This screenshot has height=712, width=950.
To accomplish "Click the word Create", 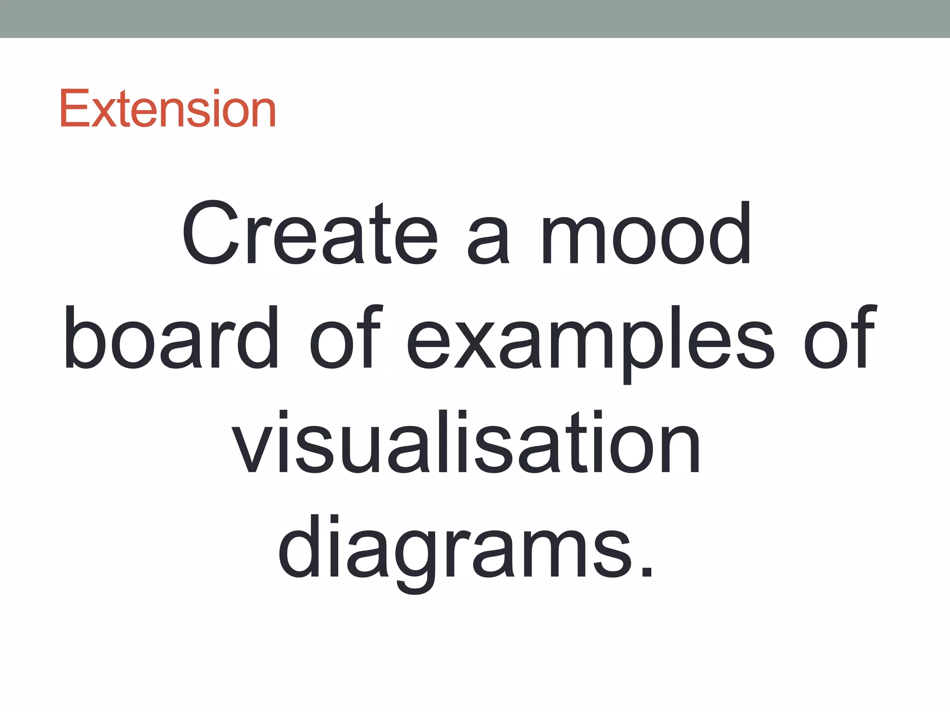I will [x=309, y=234].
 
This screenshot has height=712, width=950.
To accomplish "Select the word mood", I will [x=646, y=234].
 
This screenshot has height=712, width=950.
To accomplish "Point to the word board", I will [x=171, y=337].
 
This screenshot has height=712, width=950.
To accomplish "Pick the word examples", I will [x=590, y=343].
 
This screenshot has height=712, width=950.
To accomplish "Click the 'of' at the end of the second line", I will [x=840, y=337].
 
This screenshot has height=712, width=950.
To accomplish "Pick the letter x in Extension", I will [x=103, y=114].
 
